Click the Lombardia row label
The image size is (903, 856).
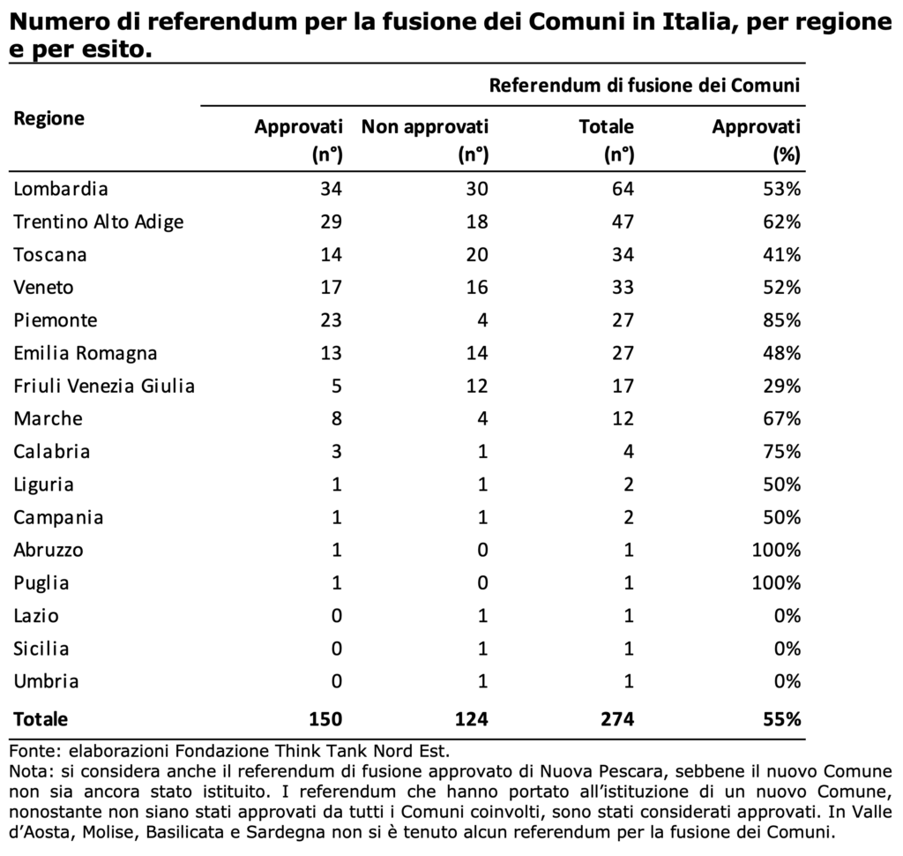click(61, 189)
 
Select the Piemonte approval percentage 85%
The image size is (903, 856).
click(781, 320)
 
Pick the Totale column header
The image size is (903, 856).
click(607, 140)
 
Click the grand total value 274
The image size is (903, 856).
click(616, 719)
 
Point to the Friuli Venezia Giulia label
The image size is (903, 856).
click(104, 386)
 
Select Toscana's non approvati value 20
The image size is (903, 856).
click(477, 255)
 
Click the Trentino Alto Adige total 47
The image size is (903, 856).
click(623, 222)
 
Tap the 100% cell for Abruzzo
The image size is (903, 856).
click(776, 550)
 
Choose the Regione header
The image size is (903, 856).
click(49, 119)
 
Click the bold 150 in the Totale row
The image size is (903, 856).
click(325, 719)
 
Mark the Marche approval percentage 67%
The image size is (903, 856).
click(781, 418)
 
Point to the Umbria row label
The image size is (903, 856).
click(46, 681)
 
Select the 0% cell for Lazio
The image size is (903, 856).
click(787, 616)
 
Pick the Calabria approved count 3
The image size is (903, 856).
click(336, 451)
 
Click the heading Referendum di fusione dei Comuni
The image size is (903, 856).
click(645, 86)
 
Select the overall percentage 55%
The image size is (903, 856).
click(781, 719)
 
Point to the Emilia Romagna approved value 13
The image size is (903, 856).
click(331, 353)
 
